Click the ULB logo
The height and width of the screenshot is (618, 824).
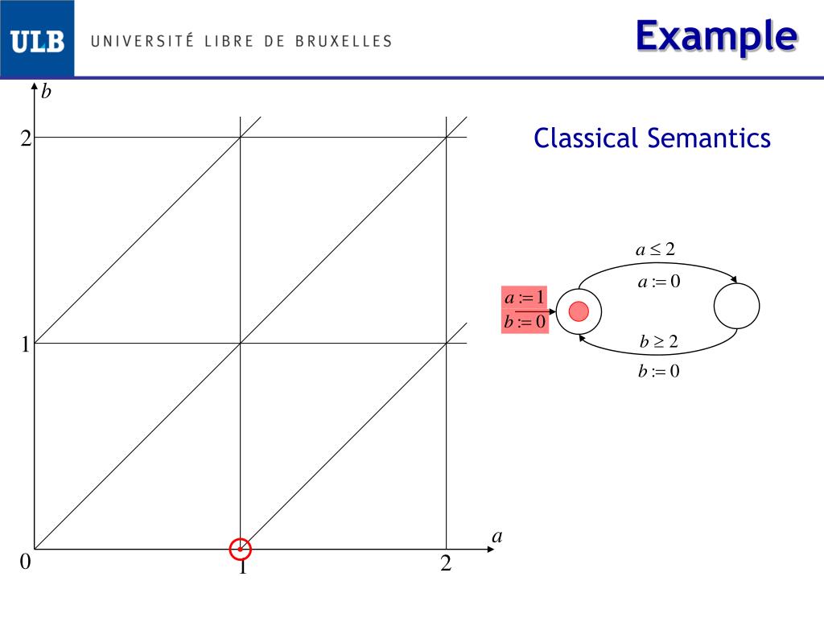[37, 41]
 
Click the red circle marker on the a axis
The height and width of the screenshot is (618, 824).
[241, 549]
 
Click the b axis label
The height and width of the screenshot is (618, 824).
[47, 92]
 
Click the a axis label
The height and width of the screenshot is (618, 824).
[496, 536]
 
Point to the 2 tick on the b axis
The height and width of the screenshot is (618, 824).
[25, 138]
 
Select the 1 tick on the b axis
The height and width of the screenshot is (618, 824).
[25, 345]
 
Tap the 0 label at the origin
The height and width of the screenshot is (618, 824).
[25, 562]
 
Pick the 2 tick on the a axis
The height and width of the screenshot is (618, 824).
[446, 564]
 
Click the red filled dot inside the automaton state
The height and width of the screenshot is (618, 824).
[579, 311]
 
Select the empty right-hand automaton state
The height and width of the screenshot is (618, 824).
[736, 306]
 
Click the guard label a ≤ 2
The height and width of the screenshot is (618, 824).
[655, 249]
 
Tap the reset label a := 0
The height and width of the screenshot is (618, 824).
[659, 282]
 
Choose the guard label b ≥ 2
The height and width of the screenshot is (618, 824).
[659, 341]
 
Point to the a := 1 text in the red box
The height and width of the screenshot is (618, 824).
[525, 298]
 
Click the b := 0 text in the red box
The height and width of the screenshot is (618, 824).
[525, 322]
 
